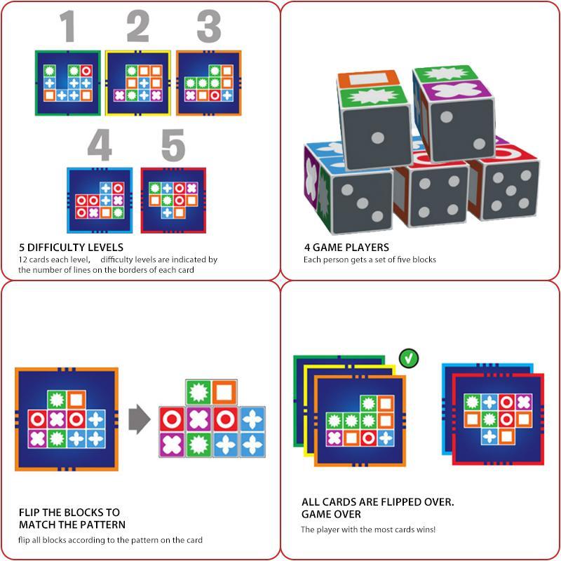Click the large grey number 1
[67, 28]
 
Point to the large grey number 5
[173, 146]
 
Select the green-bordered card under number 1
[67, 82]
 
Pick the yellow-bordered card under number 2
[138, 82]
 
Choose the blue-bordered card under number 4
[100, 200]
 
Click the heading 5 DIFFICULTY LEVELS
[71, 248]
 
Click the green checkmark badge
[409, 359]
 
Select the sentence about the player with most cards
[368, 529]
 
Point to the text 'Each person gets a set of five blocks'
[370, 259]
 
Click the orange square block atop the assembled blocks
[225, 392]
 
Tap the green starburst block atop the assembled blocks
[198, 392]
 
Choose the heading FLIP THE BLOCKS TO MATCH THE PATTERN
[72, 518]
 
